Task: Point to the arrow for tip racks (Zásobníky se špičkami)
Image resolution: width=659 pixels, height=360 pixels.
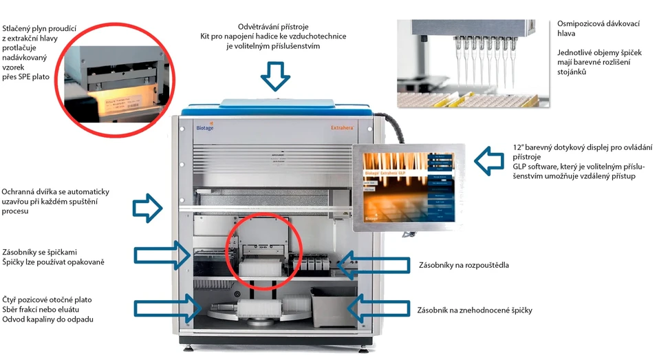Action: [x=161, y=255]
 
